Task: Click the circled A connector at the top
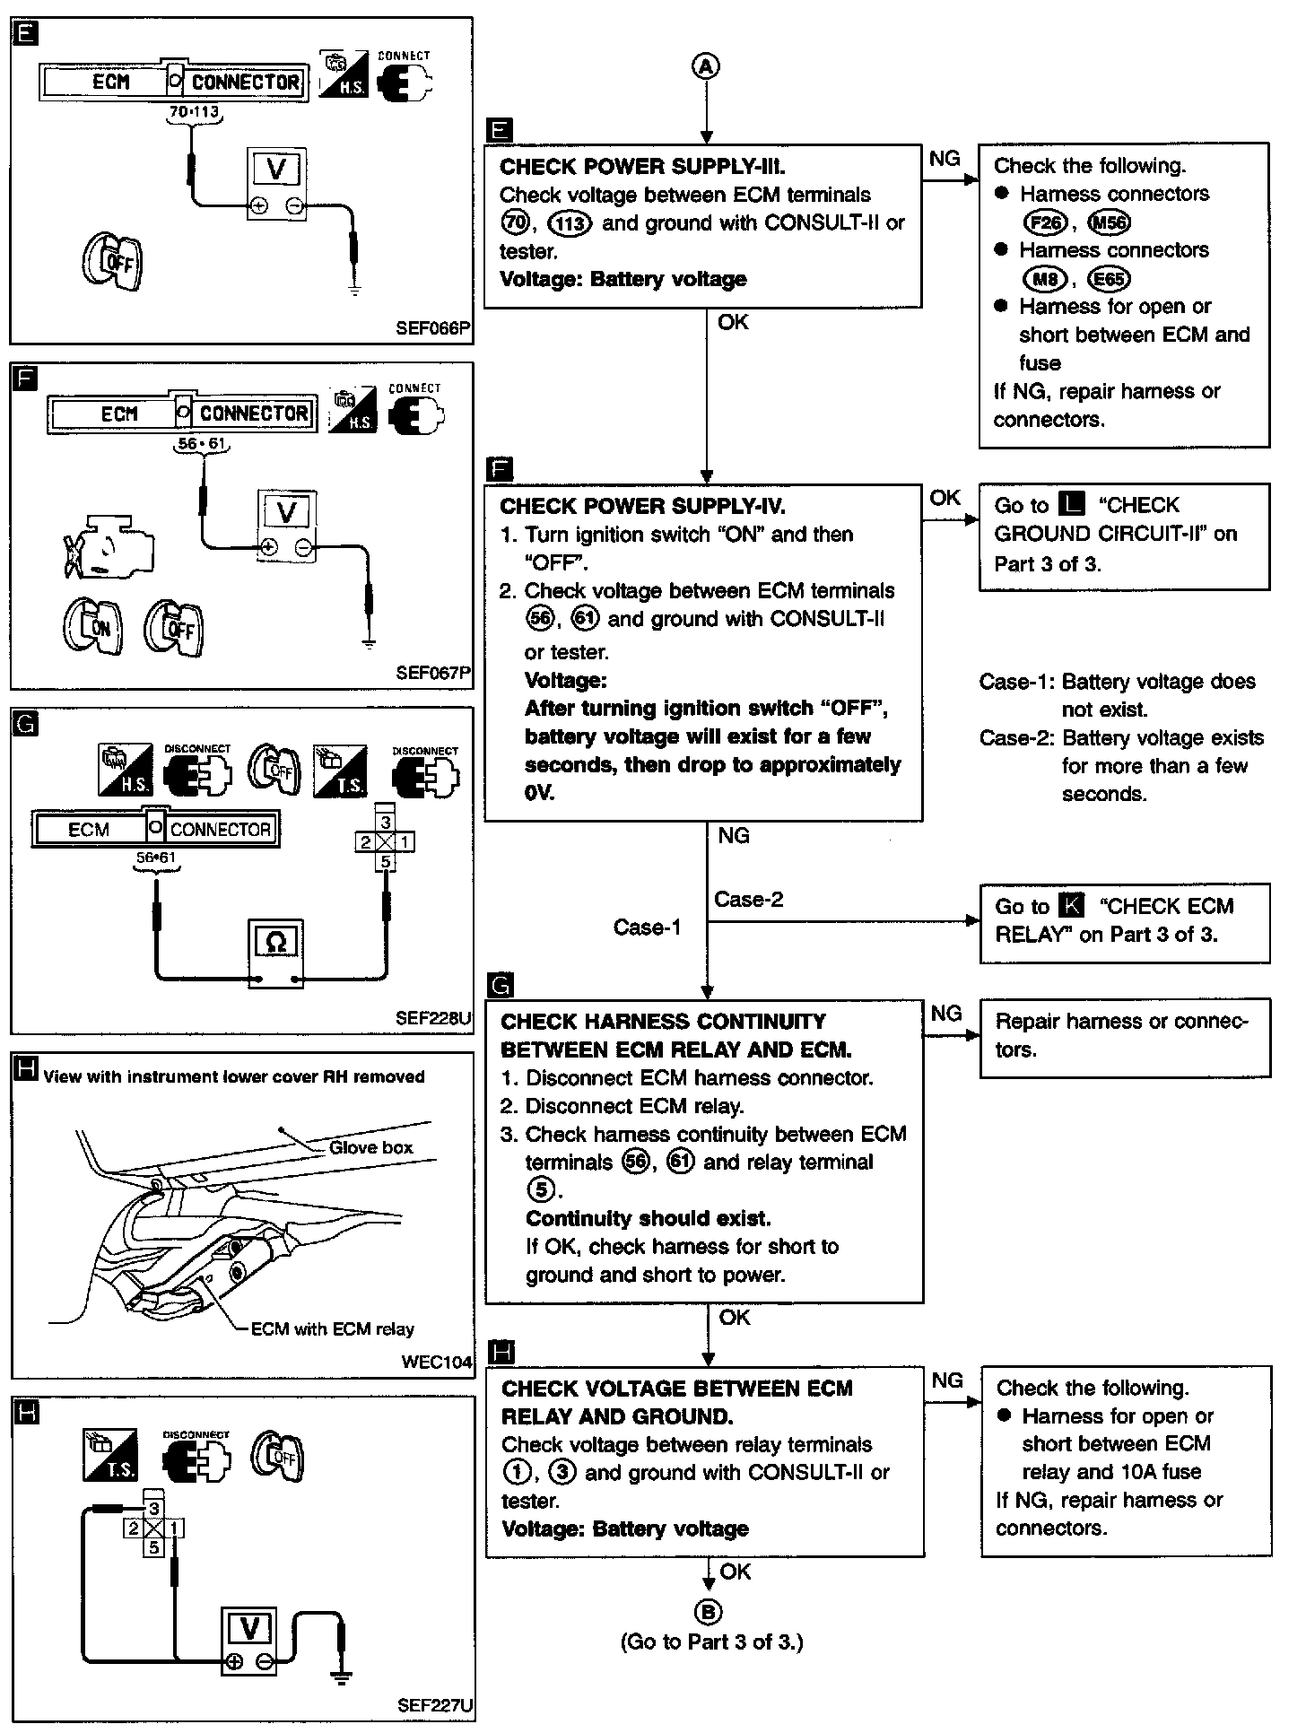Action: [x=707, y=65]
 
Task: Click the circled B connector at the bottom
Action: [x=708, y=1613]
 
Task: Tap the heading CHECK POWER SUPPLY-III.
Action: [x=642, y=166]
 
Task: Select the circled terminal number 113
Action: [x=569, y=222]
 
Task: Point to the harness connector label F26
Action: [x=1044, y=222]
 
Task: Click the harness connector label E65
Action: [x=1109, y=279]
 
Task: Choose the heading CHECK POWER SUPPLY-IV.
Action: [x=642, y=506]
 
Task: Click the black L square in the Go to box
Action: [x=1072, y=504]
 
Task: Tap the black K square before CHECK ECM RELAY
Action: [x=1072, y=906]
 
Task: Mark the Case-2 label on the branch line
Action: [x=748, y=899]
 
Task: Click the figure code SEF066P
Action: [x=432, y=328]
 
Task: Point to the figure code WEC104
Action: [x=436, y=1362]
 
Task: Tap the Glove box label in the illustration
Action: [x=370, y=1147]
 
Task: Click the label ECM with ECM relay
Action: [x=332, y=1328]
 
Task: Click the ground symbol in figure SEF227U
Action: [x=342, y=1676]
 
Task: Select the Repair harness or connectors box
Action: [x=1125, y=1036]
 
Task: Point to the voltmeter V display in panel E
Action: [x=276, y=169]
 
